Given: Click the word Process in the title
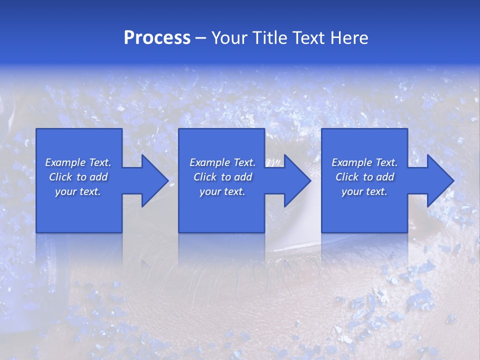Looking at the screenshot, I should pyautogui.click(x=157, y=38).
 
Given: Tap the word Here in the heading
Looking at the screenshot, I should pyautogui.click(x=349, y=38).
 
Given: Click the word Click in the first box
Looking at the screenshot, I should pyautogui.click(x=60, y=177).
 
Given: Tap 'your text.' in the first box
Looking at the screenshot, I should pyautogui.click(x=78, y=191).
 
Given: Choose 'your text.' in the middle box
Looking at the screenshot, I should pyautogui.click(x=222, y=191).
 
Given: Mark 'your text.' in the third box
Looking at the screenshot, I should pyautogui.click(x=364, y=191).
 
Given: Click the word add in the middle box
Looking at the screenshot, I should pyautogui.click(x=243, y=177).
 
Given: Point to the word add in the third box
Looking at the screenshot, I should pyautogui.click(x=385, y=177).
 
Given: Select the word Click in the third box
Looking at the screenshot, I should pyautogui.click(x=347, y=177).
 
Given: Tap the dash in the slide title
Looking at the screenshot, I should pyautogui.click(x=201, y=38).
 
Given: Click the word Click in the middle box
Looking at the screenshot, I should pyautogui.click(x=205, y=177).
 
